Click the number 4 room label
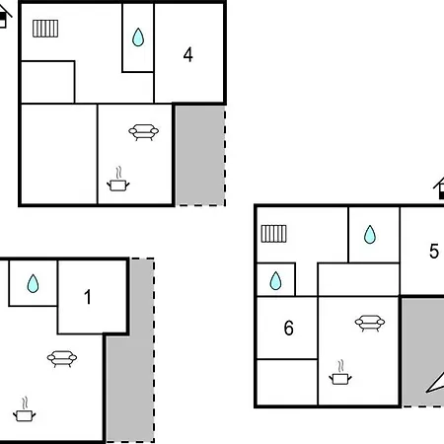click(x=187, y=55)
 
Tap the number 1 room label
click(x=88, y=297)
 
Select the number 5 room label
click(x=434, y=251)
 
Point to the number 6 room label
click(x=289, y=328)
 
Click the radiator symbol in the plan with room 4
click(x=45, y=29)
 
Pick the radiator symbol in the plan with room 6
click(x=274, y=234)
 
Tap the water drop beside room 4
click(x=138, y=37)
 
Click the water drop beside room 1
click(x=33, y=283)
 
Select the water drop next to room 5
click(x=370, y=235)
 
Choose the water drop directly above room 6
click(x=275, y=281)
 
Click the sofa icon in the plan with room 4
click(x=143, y=132)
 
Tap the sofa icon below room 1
click(x=62, y=358)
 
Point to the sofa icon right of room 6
click(x=370, y=324)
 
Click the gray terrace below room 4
click(x=200, y=155)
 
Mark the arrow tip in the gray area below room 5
click(x=426, y=392)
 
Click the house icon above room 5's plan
click(x=439, y=188)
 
